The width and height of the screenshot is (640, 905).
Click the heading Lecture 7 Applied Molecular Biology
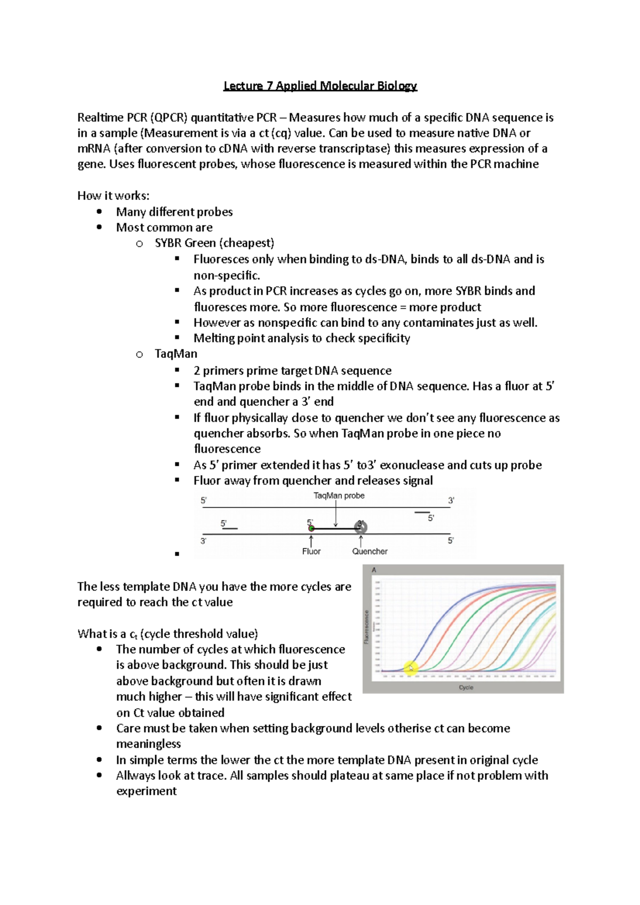pos(320,86)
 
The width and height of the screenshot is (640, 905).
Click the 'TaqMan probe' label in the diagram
pos(339,496)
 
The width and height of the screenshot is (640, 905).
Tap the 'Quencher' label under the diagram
pos(370,552)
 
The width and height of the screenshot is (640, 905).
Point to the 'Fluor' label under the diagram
pos(311,552)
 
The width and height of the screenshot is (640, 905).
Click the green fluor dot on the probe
pos(311,528)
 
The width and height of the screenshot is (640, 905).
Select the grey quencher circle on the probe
pos(361,528)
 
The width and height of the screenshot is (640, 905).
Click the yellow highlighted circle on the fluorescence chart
pos(410,668)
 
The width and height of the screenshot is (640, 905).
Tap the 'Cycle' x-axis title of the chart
pos(466,688)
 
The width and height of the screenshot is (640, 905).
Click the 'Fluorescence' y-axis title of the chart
pos(366,627)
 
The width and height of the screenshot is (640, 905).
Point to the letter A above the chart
pos(374,570)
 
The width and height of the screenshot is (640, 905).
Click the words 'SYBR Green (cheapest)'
pos(214,243)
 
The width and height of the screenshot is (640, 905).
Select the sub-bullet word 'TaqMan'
pos(176,354)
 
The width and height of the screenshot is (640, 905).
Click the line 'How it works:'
pos(113,196)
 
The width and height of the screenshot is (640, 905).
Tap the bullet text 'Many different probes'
pos(174,212)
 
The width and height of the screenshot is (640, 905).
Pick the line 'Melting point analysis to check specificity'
pos(301,338)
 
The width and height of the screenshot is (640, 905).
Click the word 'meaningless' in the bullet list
pos(148,744)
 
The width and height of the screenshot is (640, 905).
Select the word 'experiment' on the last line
pos(146,791)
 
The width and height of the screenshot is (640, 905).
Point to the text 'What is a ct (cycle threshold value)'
pos(167,634)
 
